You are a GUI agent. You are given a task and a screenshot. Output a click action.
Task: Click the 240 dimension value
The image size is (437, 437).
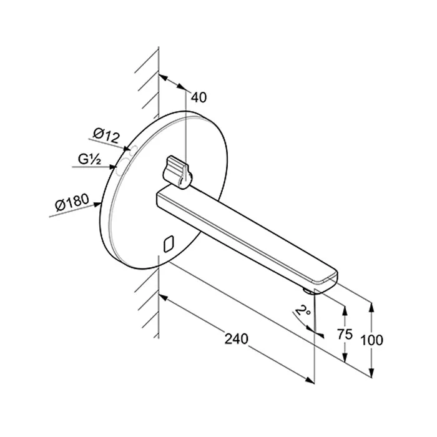tap(237, 339)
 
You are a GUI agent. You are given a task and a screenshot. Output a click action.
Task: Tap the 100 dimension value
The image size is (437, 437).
tap(372, 340)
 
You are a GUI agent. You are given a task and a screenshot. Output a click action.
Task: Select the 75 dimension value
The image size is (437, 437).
tap(345, 334)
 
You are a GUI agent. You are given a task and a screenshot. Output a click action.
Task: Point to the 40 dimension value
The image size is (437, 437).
tap(199, 97)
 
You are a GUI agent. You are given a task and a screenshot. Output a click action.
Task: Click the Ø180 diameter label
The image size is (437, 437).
tap(72, 202)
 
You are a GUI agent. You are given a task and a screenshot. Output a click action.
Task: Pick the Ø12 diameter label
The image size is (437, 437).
tap(107, 135)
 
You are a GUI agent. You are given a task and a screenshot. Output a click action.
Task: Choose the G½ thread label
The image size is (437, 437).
tap(89, 159)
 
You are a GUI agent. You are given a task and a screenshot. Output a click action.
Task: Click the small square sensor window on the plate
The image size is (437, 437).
tap(169, 244)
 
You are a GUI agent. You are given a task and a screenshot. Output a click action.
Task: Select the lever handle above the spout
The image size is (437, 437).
tap(177, 172)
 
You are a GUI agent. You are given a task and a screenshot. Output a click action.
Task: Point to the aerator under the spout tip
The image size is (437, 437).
tap(308, 292)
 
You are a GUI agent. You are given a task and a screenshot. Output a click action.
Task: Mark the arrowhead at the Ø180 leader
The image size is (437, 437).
tap(97, 205)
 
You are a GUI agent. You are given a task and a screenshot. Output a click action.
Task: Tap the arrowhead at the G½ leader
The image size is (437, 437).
tap(112, 167)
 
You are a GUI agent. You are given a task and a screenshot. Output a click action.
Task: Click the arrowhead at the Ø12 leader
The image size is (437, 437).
tap(126, 149)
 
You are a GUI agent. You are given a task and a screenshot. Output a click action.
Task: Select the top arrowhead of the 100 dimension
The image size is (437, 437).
tap(371, 307)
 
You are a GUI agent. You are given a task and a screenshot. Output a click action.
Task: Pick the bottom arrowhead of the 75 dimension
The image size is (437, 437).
tap(345, 358)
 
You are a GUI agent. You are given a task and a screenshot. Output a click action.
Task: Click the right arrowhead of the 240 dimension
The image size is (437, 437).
tap(310, 380)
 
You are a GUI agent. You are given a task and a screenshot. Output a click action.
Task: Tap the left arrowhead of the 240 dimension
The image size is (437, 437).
tap(163, 297)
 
